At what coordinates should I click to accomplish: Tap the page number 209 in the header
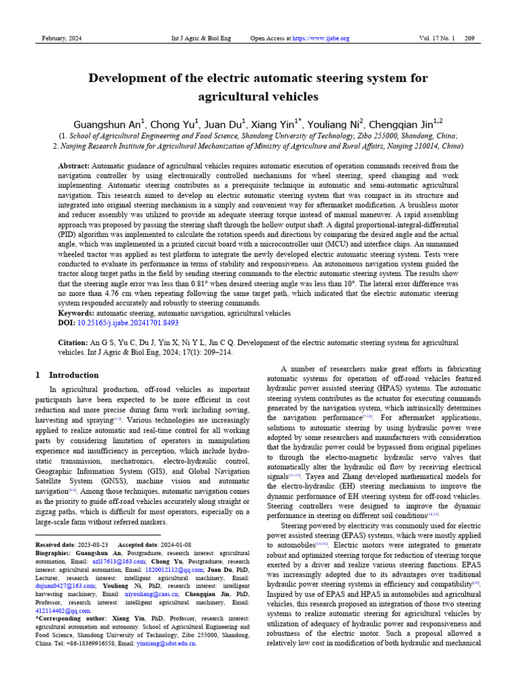coord(469,38)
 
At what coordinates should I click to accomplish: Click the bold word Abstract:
coord(74,166)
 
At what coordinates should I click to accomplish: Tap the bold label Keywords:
coord(76,313)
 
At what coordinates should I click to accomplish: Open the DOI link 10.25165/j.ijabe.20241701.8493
coord(128,323)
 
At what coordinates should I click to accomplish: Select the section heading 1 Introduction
coord(67,375)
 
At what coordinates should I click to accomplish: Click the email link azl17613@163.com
coord(119,560)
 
